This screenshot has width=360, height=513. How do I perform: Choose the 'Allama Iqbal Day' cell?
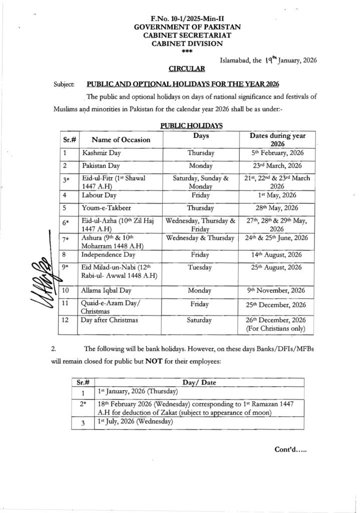coord(107,290)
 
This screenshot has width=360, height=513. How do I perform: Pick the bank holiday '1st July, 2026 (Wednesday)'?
coord(135,422)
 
